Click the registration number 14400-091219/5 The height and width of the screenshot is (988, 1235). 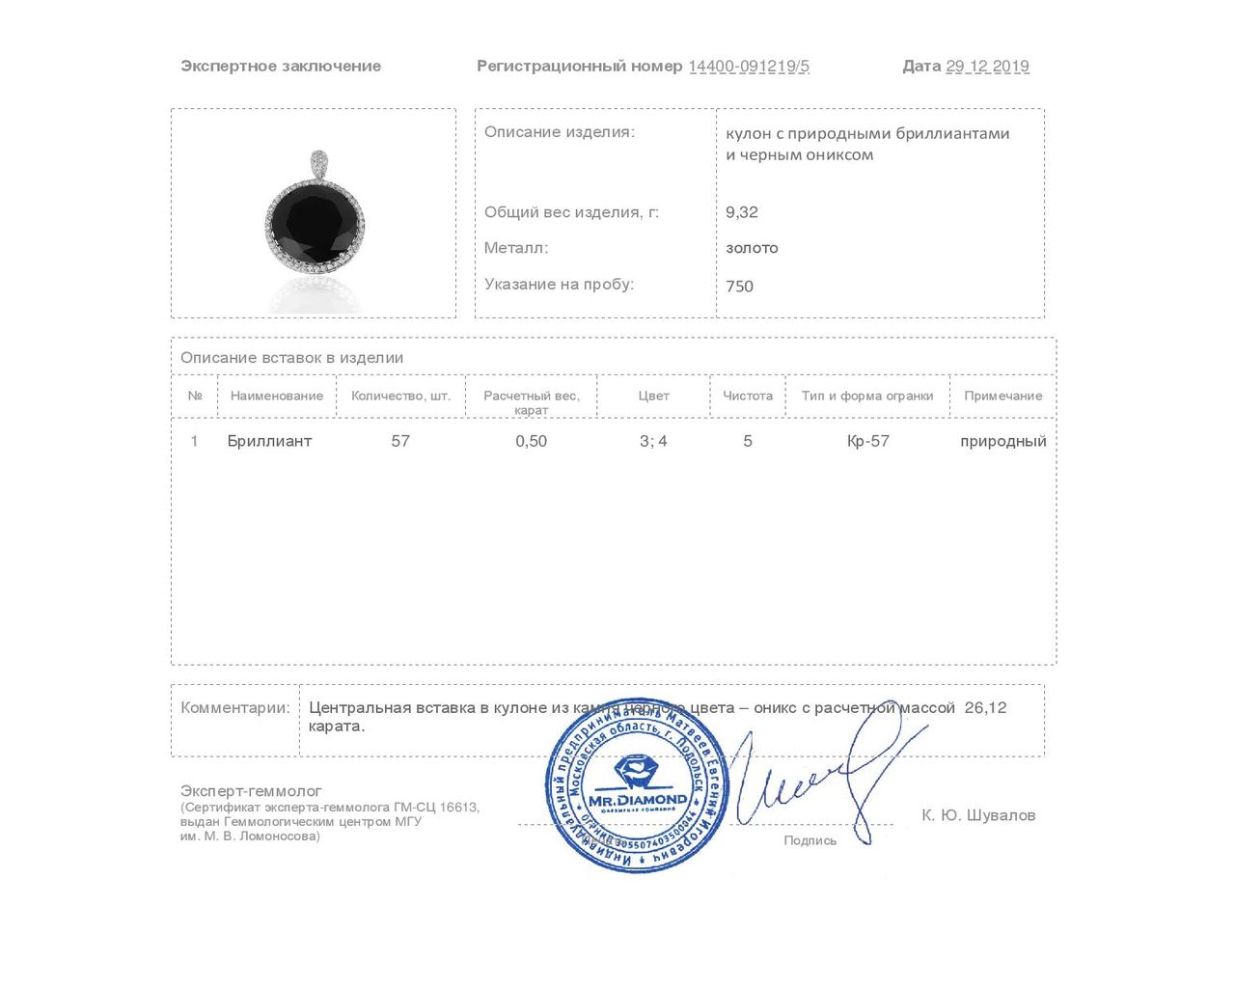point(749,67)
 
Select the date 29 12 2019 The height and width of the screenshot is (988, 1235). point(987,67)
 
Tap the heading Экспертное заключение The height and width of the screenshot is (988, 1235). point(281,67)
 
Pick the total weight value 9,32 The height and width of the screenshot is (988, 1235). point(742,212)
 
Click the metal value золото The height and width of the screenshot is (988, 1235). point(752,248)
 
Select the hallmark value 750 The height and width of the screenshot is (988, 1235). point(739,287)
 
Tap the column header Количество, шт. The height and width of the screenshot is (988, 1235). point(400,396)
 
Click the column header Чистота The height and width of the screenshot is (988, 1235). point(748,396)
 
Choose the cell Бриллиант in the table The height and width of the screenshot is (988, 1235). point(269,441)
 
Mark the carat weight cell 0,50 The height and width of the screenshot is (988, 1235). point(531,441)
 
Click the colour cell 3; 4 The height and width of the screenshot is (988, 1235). point(653,441)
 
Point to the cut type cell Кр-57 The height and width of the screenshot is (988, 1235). point(867,441)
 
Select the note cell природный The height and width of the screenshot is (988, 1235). point(1002,441)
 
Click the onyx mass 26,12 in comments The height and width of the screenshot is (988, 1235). point(985,707)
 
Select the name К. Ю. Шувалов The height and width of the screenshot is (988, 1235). point(978,815)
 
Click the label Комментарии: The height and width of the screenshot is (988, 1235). point(235,707)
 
